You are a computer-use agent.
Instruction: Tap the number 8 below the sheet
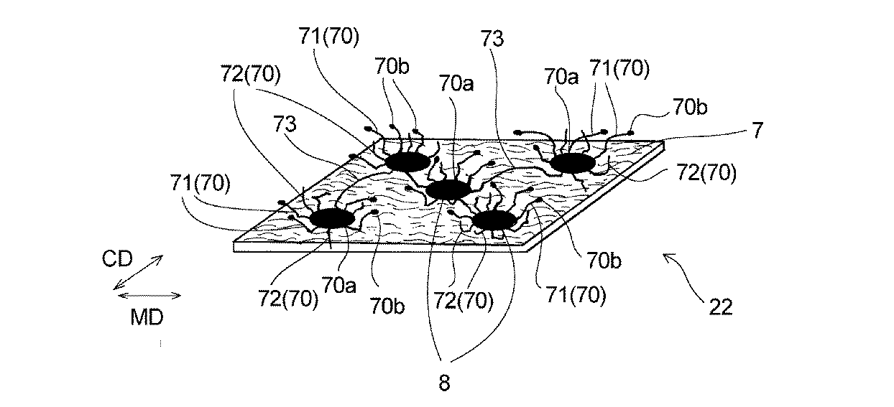click(x=444, y=383)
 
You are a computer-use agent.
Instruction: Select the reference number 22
click(x=720, y=307)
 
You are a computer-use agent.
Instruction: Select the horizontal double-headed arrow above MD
click(x=147, y=295)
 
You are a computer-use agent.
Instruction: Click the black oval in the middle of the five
click(x=448, y=190)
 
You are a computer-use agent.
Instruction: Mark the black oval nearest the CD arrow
click(x=331, y=218)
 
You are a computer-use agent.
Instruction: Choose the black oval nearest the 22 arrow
click(x=494, y=220)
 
